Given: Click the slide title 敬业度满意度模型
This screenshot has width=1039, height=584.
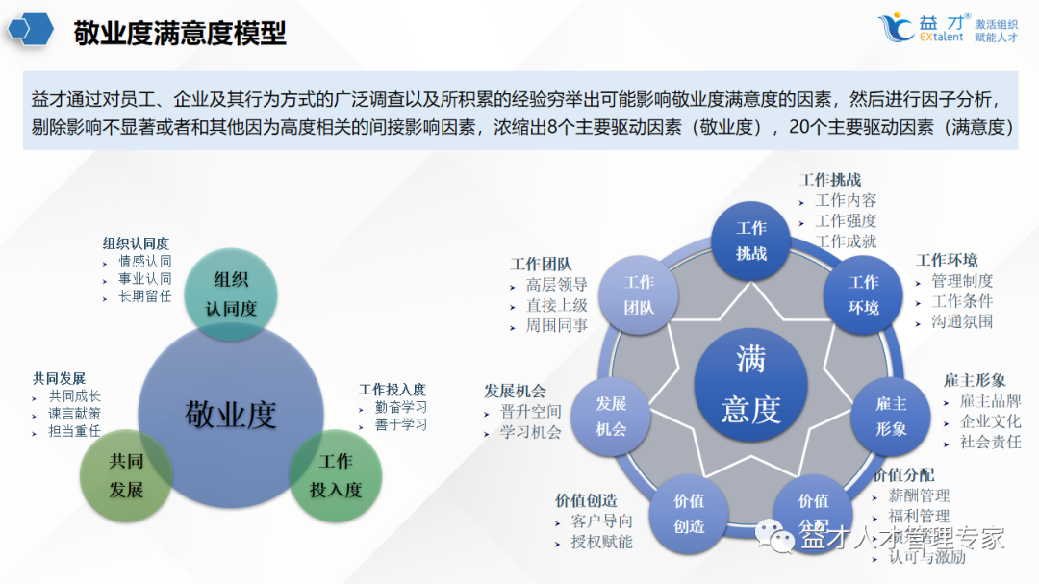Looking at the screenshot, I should [x=180, y=34].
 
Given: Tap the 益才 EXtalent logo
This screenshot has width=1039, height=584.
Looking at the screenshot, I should [x=949, y=28].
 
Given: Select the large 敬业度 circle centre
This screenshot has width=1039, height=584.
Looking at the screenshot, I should [x=230, y=415].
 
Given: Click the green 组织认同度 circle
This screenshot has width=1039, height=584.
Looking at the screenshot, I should [x=231, y=293].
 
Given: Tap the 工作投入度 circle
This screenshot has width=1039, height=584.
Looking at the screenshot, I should [x=336, y=475].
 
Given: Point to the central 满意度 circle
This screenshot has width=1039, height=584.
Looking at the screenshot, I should [x=750, y=384].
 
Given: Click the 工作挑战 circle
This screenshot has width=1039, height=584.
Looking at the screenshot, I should [x=751, y=241].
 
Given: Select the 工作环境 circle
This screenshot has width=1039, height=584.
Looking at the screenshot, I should [x=863, y=294].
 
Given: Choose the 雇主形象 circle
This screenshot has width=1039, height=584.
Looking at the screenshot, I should [x=891, y=416].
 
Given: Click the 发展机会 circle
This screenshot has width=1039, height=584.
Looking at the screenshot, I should [x=611, y=416].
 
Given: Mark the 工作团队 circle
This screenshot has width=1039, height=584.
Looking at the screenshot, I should [x=639, y=294].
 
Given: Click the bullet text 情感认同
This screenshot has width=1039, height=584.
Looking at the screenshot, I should [x=145, y=261].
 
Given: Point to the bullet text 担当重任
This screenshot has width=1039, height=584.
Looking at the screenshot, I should [x=75, y=431].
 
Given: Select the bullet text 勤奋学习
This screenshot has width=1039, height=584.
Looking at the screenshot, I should [x=401, y=407].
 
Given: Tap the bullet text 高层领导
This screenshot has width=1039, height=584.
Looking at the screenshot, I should [x=556, y=285].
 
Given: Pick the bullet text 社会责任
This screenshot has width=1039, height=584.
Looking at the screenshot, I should [x=990, y=442].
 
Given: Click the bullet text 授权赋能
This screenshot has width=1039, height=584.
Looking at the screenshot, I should [x=601, y=542].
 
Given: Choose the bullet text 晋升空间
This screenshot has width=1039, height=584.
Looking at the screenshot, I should [x=530, y=412].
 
